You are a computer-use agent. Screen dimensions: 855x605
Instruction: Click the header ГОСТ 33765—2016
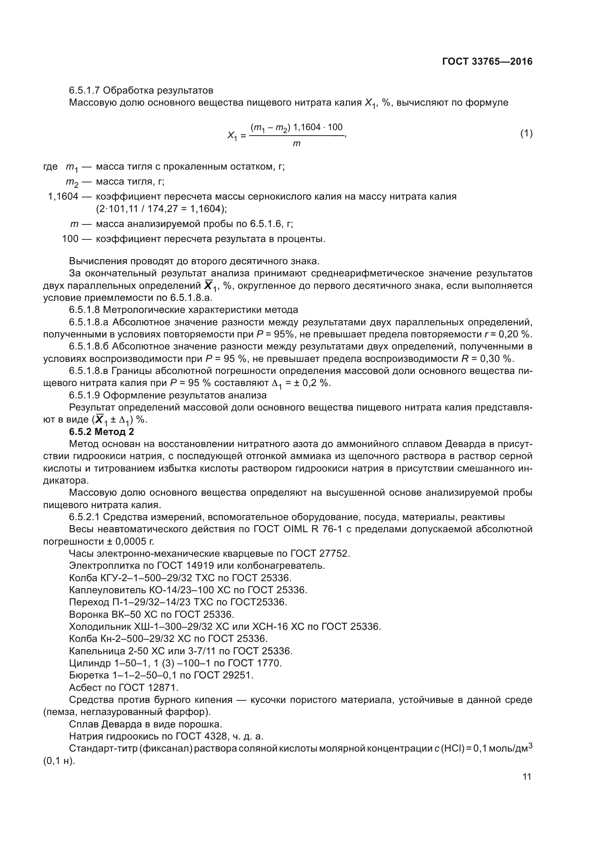click(487, 61)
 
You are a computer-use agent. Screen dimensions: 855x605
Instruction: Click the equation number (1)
click(526, 133)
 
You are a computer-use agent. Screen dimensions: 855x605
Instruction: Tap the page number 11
click(527, 776)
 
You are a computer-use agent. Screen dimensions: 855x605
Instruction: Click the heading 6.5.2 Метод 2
click(101, 432)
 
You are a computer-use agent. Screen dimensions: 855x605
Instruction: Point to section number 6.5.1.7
click(84, 91)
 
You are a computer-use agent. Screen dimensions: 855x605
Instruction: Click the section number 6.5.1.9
click(84, 395)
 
